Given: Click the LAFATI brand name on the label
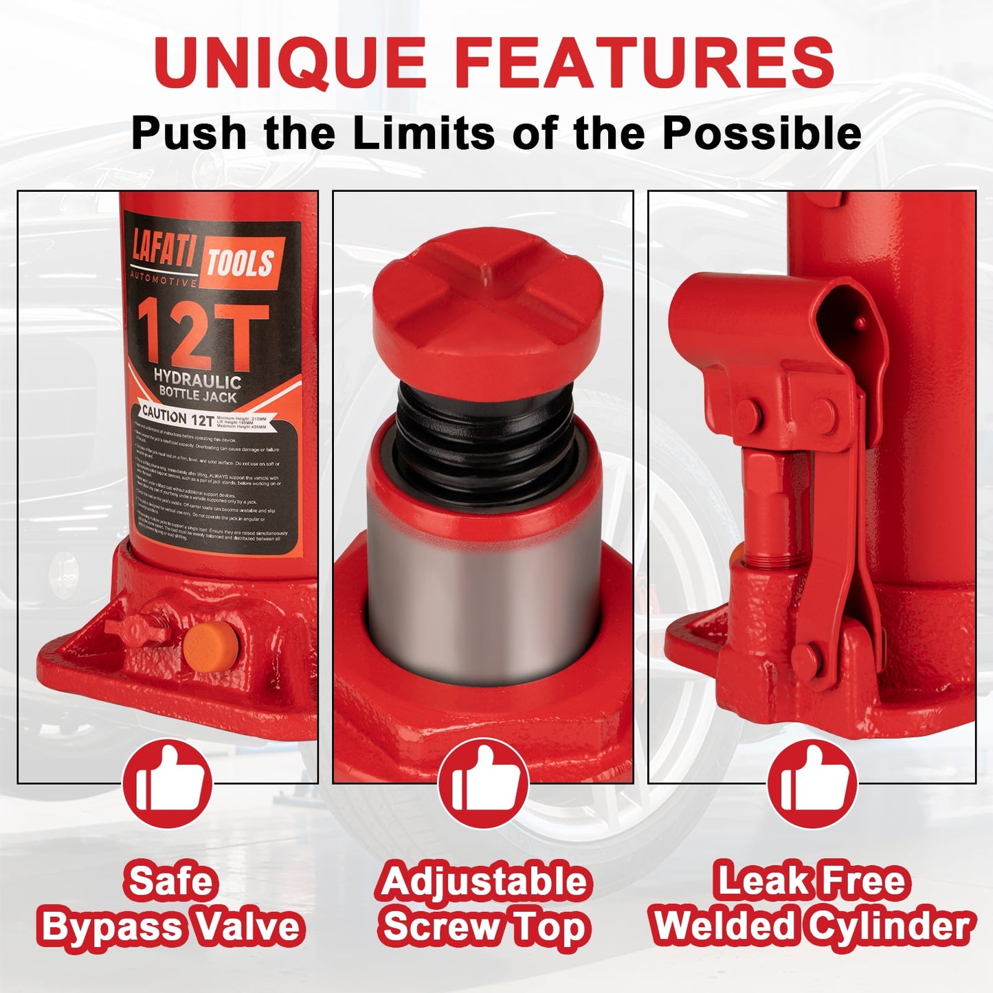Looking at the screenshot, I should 164,256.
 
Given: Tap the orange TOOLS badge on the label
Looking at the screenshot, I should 241,263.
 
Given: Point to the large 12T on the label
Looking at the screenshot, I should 202,337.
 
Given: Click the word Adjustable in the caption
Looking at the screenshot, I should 484,881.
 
